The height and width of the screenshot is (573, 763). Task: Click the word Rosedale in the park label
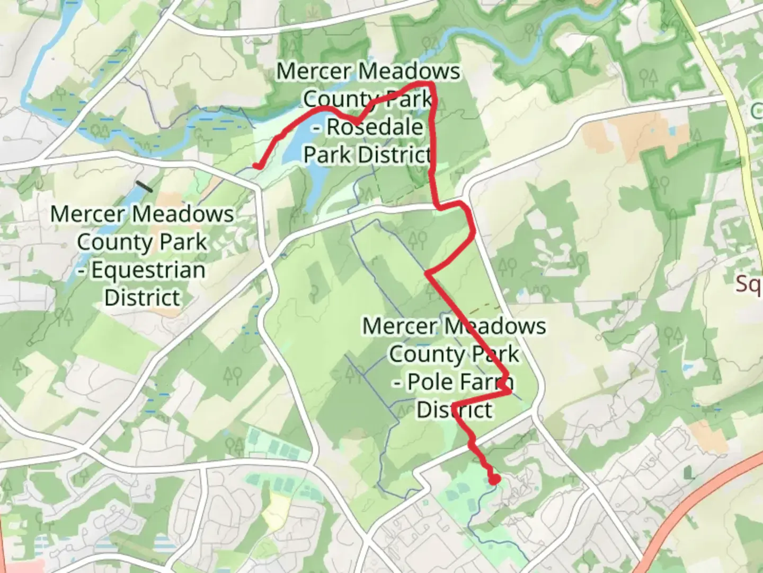point(375,127)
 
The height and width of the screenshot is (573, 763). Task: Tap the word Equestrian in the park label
point(148,270)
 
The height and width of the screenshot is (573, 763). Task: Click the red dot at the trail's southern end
point(494,480)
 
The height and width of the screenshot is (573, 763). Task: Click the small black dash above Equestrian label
point(144,186)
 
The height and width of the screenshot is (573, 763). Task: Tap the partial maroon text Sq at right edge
point(749,285)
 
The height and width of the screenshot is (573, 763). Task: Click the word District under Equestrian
point(142,298)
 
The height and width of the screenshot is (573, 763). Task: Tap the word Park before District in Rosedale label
point(327,155)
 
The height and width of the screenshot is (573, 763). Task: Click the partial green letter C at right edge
point(757,111)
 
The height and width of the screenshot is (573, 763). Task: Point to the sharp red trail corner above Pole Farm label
point(427,274)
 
